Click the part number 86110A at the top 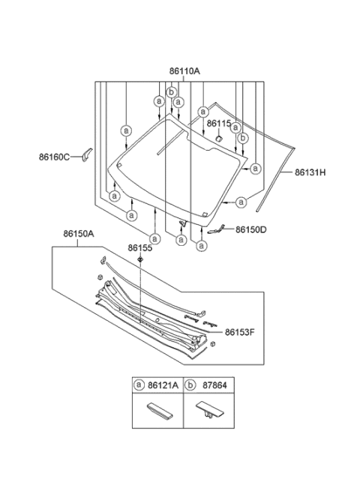point(184,71)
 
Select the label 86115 point(218,124)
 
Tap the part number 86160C point(54,157)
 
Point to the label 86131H point(310,172)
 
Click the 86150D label point(251,230)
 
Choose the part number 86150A point(79,234)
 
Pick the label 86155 point(139,248)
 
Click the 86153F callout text point(240,332)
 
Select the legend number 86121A point(163,385)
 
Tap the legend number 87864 point(214,385)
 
